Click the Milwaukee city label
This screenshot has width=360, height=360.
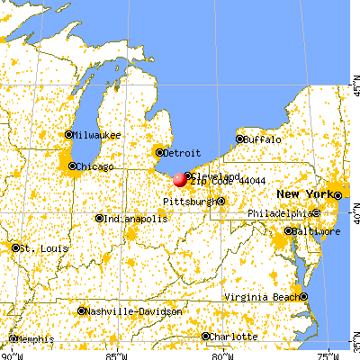click(94, 135)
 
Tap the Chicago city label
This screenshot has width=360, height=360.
click(94, 166)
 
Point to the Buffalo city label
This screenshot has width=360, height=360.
click(263, 139)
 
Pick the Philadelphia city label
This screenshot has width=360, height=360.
click(282, 213)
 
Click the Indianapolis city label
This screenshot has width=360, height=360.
click(131, 218)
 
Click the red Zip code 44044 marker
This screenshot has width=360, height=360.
click(180, 179)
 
